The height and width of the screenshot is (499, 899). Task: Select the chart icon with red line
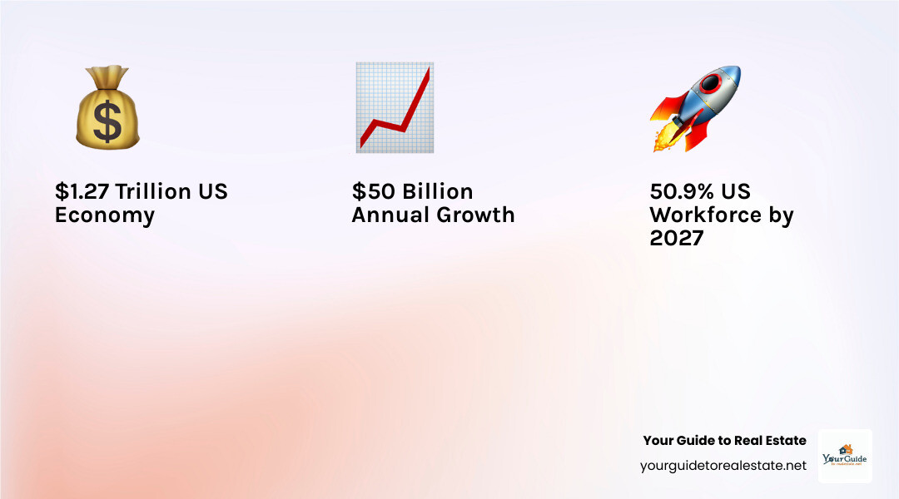394,107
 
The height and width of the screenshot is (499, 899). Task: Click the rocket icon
695,108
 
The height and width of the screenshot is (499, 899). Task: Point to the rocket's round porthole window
712,83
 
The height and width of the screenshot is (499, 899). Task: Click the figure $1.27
82,191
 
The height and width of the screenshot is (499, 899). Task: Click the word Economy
105,215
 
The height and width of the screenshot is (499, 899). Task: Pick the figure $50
375,191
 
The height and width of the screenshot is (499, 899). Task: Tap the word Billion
438,191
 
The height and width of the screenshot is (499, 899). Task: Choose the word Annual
388,215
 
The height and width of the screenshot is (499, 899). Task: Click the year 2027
677,239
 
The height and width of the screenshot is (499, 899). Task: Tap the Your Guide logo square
845,456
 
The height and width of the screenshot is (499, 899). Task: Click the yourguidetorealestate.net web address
723,466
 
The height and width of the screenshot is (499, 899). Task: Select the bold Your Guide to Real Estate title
724,441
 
